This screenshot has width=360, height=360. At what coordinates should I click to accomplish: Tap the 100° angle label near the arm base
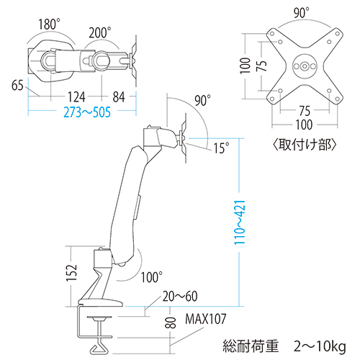pyautogui.click(x=152, y=275)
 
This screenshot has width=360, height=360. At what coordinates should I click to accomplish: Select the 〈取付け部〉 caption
pyautogui.click(x=305, y=144)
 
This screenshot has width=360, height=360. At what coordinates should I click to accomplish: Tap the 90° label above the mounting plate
pyautogui.click(x=302, y=12)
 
